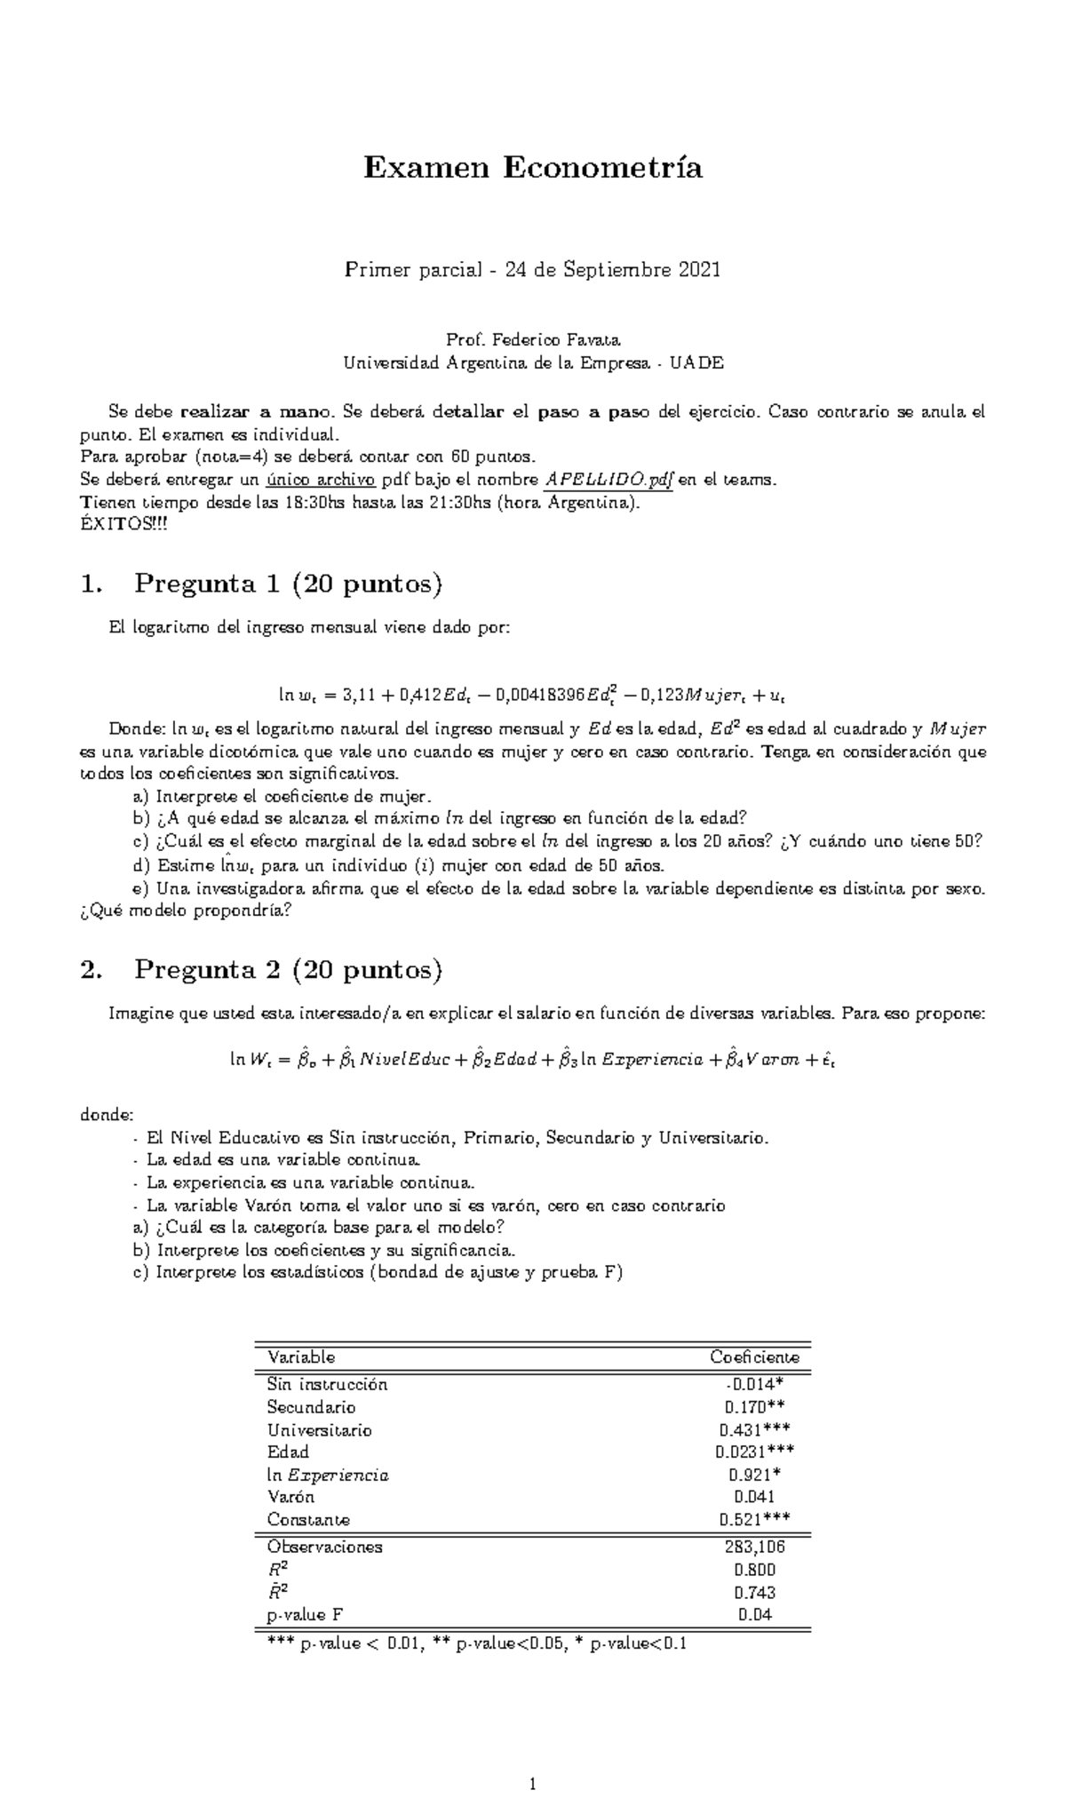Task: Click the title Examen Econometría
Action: click(533, 167)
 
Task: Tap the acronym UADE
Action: click(696, 362)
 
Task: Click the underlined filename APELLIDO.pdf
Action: click(609, 481)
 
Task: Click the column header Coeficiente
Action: click(754, 1357)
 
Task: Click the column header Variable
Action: click(301, 1357)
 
